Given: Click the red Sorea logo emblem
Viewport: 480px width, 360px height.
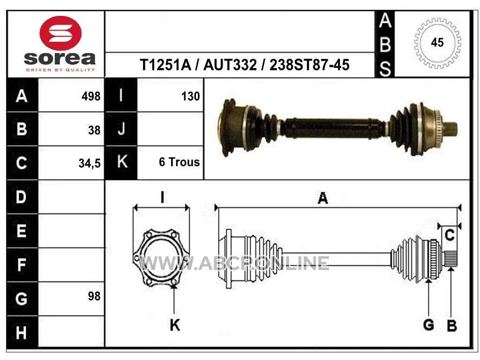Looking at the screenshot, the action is point(60,33).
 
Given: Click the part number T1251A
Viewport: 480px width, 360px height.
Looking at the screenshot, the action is point(165,65).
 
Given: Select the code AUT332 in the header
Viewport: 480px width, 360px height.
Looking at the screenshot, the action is point(230,65).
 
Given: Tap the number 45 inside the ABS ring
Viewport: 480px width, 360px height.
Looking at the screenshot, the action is point(437,43).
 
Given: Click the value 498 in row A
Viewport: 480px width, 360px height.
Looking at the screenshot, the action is point(91,97).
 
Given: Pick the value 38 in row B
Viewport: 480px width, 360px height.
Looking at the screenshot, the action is point(94,130).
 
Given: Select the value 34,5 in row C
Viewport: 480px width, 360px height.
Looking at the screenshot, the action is point(90,163).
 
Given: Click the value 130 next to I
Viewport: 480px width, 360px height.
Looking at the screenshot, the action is point(190,97).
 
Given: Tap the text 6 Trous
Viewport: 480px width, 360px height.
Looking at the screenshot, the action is point(180,162).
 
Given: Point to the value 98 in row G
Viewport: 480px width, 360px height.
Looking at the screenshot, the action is point(94,296).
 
